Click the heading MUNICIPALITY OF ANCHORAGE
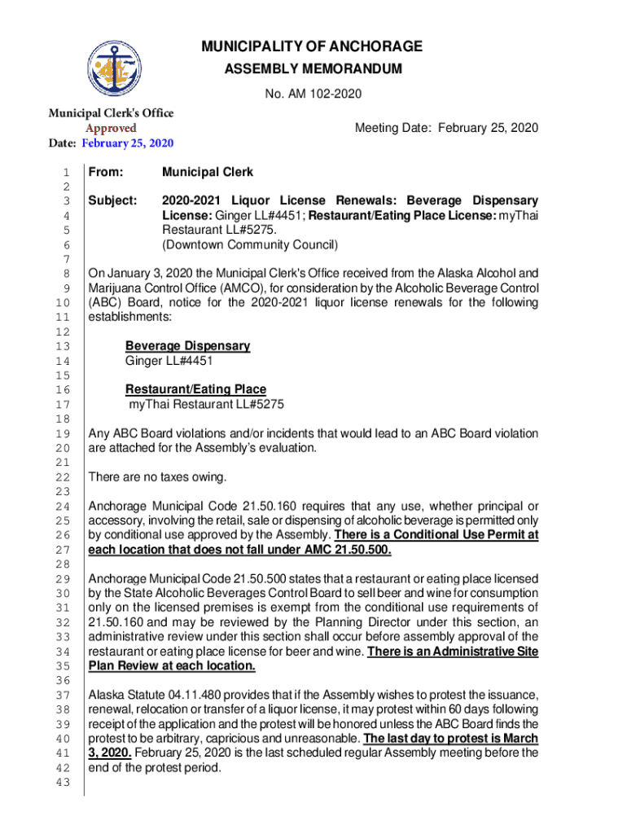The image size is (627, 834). pyautogui.click(x=312, y=46)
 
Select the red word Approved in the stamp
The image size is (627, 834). pyautogui.click(x=112, y=128)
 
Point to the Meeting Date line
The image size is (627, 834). pyautogui.click(x=446, y=129)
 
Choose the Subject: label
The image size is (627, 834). pyautogui.click(x=112, y=200)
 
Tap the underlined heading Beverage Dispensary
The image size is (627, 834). pyautogui.click(x=187, y=346)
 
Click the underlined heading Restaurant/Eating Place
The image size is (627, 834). pyautogui.click(x=195, y=389)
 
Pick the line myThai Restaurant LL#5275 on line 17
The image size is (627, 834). pyautogui.click(x=206, y=404)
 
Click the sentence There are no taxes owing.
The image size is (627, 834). pyautogui.click(x=157, y=476)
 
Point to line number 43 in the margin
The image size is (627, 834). pyautogui.click(x=62, y=783)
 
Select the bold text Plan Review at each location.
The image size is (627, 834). pyautogui.click(x=172, y=665)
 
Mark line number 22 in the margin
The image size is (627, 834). pyautogui.click(x=62, y=477)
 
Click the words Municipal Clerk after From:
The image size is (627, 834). pyautogui.click(x=208, y=173)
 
